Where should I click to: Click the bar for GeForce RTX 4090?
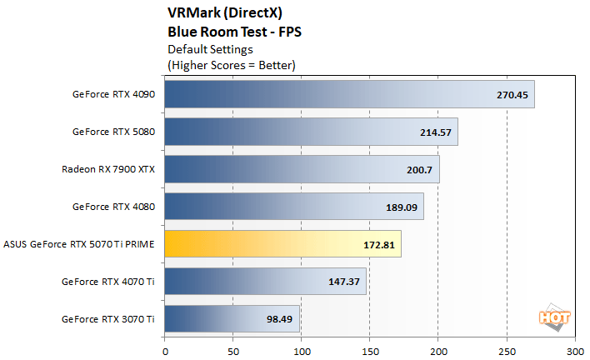point(349,94)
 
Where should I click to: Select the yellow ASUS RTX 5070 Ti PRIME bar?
point(282,244)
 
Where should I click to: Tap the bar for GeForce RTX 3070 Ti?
point(232,318)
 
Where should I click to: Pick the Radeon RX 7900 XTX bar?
point(302,169)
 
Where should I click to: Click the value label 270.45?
point(512,94)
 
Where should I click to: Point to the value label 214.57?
point(436,132)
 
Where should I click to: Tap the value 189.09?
point(402,207)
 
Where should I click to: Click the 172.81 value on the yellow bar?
point(379,244)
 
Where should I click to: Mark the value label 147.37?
point(344,281)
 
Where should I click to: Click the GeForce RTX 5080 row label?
point(113,132)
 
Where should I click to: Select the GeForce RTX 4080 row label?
point(113,207)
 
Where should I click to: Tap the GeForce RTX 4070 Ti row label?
point(107,281)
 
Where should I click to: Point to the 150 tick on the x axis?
point(370,350)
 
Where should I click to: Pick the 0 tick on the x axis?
point(165,350)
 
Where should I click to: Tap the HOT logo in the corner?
point(548,317)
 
